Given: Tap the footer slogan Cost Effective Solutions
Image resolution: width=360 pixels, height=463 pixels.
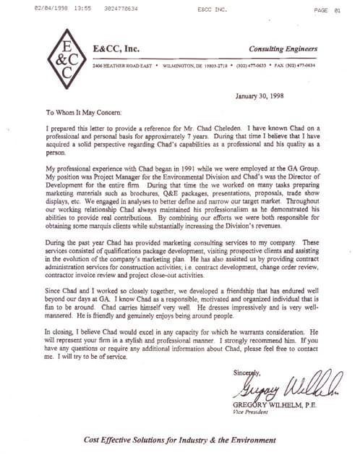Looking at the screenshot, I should pyautogui.click(x=179, y=440).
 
